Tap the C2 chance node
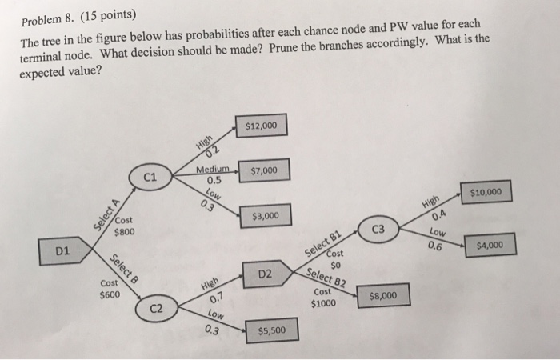[x=158, y=308]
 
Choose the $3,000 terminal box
[x=265, y=216]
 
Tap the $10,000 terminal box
[x=486, y=192]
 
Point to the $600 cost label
[x=109, y=294]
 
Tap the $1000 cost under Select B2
[x=324, y=303]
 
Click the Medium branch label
[x=213, y=170]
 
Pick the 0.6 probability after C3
[x=435, y=246]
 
